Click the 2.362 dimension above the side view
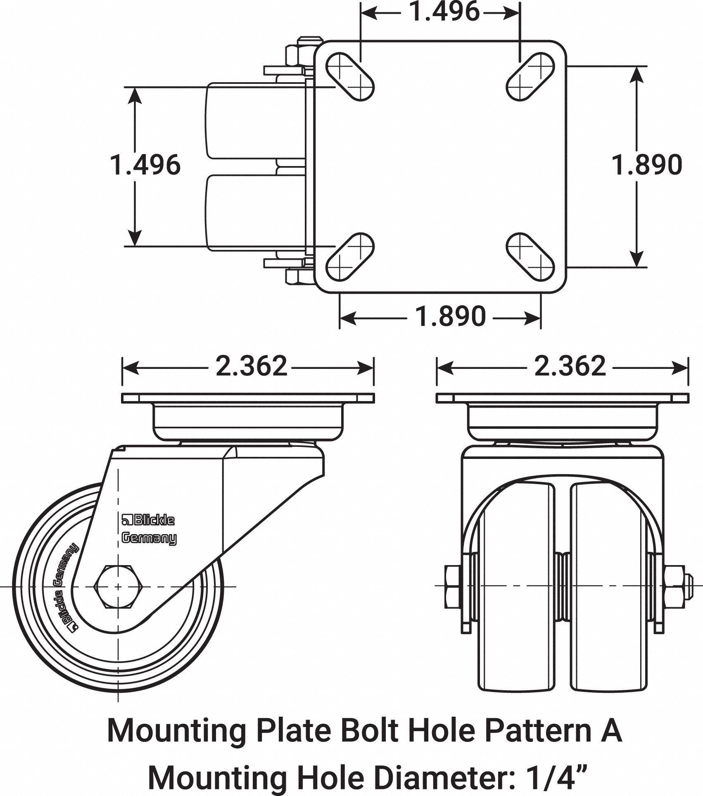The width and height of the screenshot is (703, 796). (251, 366)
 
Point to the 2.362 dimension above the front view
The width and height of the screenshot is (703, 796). (570, 366)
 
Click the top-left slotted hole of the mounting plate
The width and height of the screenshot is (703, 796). (350, 76)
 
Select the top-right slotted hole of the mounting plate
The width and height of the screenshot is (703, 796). (530, 76)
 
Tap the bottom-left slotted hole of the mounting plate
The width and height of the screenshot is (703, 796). (350, 257)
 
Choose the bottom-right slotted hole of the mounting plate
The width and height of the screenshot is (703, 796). (530, 257)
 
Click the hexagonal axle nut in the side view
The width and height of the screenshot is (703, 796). (118, 587)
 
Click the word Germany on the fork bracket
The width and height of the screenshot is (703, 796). (149, 539)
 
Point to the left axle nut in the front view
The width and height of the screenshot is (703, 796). (453, 587)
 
